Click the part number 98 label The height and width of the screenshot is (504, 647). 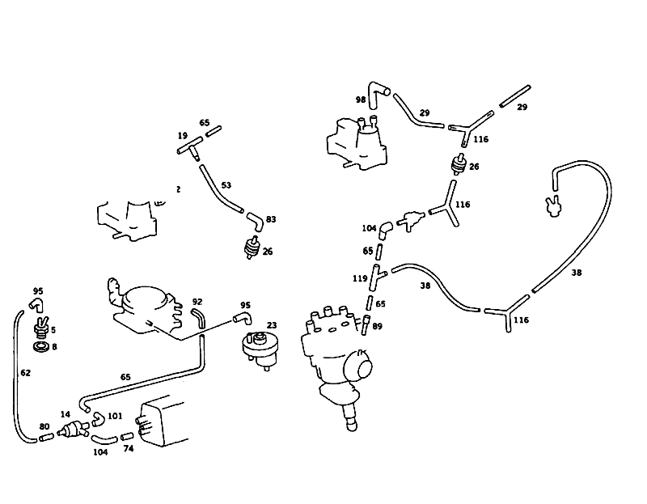(361, 100)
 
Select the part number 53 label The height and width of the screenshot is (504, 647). (226, 185)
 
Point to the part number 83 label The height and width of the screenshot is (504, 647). (271, 219)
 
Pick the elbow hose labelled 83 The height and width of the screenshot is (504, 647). (256, 221)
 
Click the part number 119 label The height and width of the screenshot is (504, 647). (360, 278)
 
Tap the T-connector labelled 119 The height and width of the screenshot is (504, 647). (377, 277)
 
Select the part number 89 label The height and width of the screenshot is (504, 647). (377, 326)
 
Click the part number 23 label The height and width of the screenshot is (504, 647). (272, 325)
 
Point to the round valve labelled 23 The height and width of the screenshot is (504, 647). (260, 350)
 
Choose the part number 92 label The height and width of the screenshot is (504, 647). (197, 302)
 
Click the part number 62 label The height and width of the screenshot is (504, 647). (26, 373)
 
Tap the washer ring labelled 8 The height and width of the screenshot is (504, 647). (41, 347)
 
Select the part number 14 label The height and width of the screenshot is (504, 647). (66, 414)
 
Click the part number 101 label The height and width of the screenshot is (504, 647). (115, 416)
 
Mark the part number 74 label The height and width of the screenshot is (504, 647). (129, 448)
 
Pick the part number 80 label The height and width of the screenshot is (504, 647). (44, 426)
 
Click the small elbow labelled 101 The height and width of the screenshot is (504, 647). (98, 418)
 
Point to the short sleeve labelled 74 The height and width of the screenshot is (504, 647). (127, 436)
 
